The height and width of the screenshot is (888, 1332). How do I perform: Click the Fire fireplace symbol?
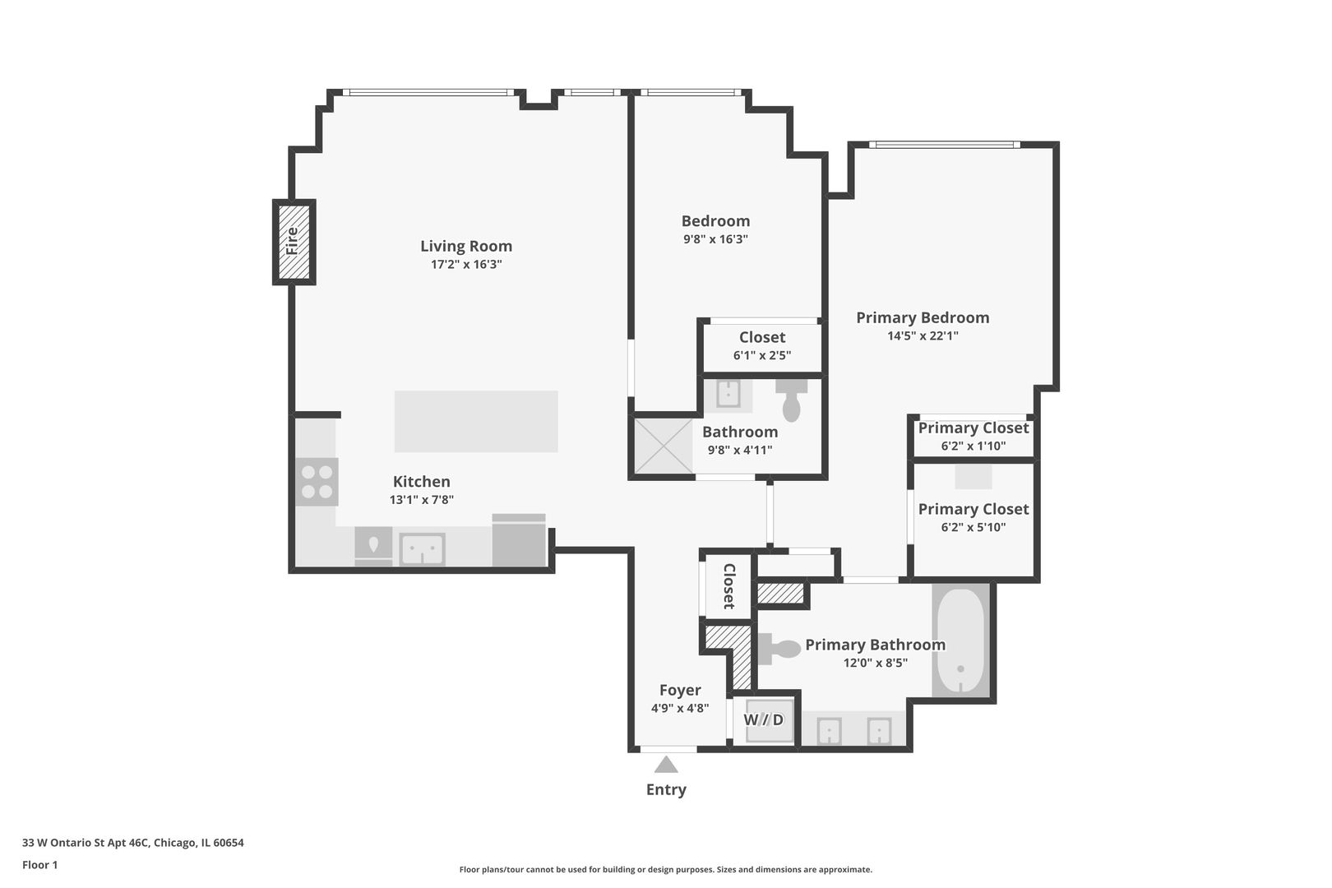tap(294, 242)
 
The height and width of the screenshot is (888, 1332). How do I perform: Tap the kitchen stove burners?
tap(317, 482)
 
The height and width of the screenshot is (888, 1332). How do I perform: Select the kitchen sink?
tap(422, 549)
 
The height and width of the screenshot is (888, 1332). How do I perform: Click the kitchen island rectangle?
tap(476, 421)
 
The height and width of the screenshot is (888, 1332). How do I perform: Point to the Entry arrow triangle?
tap(666, 765)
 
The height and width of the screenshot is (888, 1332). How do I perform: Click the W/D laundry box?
tap(765, 720)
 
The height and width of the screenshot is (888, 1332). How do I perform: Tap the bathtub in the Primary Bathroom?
tap(960, 641)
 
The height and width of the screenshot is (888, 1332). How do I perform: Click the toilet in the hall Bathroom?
tap(792, 400)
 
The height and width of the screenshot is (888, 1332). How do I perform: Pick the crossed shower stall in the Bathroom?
tap(664, 446)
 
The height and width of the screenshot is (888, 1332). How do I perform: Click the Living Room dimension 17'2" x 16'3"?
tap(466, 265)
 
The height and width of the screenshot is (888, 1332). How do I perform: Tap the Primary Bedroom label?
tap(923, 317)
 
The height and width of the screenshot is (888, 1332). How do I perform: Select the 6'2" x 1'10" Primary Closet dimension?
tap(974, 446)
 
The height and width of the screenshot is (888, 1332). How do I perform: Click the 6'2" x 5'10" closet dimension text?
tap(974, 528)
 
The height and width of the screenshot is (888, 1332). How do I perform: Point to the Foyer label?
tap(680, 691)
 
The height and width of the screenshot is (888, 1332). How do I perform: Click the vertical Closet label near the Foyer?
tap(728, 585)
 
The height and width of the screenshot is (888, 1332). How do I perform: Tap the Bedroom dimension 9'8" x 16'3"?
tap(715, 239)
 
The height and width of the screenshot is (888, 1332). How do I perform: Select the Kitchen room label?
tap(422, 482)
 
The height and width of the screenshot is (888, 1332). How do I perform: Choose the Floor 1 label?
tap(39, 865)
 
